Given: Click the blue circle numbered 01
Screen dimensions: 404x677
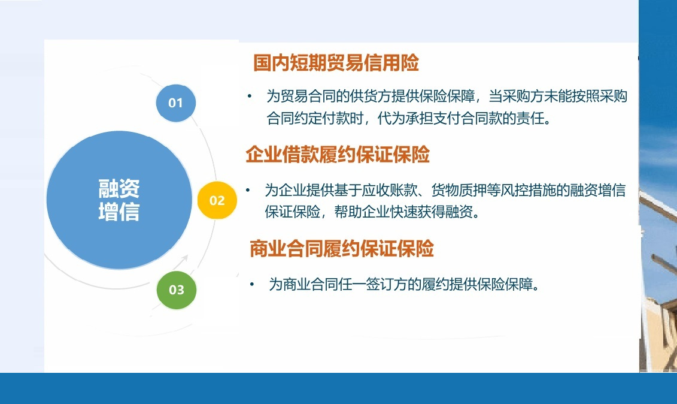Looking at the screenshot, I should [175, 102].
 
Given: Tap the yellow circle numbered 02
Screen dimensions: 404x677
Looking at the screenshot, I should [217, 200].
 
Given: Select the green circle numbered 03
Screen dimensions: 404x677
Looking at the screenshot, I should [176, 290].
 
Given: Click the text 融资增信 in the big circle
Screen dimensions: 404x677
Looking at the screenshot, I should [119, 200].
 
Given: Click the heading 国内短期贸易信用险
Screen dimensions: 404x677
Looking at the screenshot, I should [336, 63].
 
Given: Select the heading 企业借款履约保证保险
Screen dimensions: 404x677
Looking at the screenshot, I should [338, 155].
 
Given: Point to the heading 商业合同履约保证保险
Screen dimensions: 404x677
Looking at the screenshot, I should [341, 248].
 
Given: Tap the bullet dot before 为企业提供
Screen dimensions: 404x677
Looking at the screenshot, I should [247, 190].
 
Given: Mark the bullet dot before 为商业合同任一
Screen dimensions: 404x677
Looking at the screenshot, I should [252, 284].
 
